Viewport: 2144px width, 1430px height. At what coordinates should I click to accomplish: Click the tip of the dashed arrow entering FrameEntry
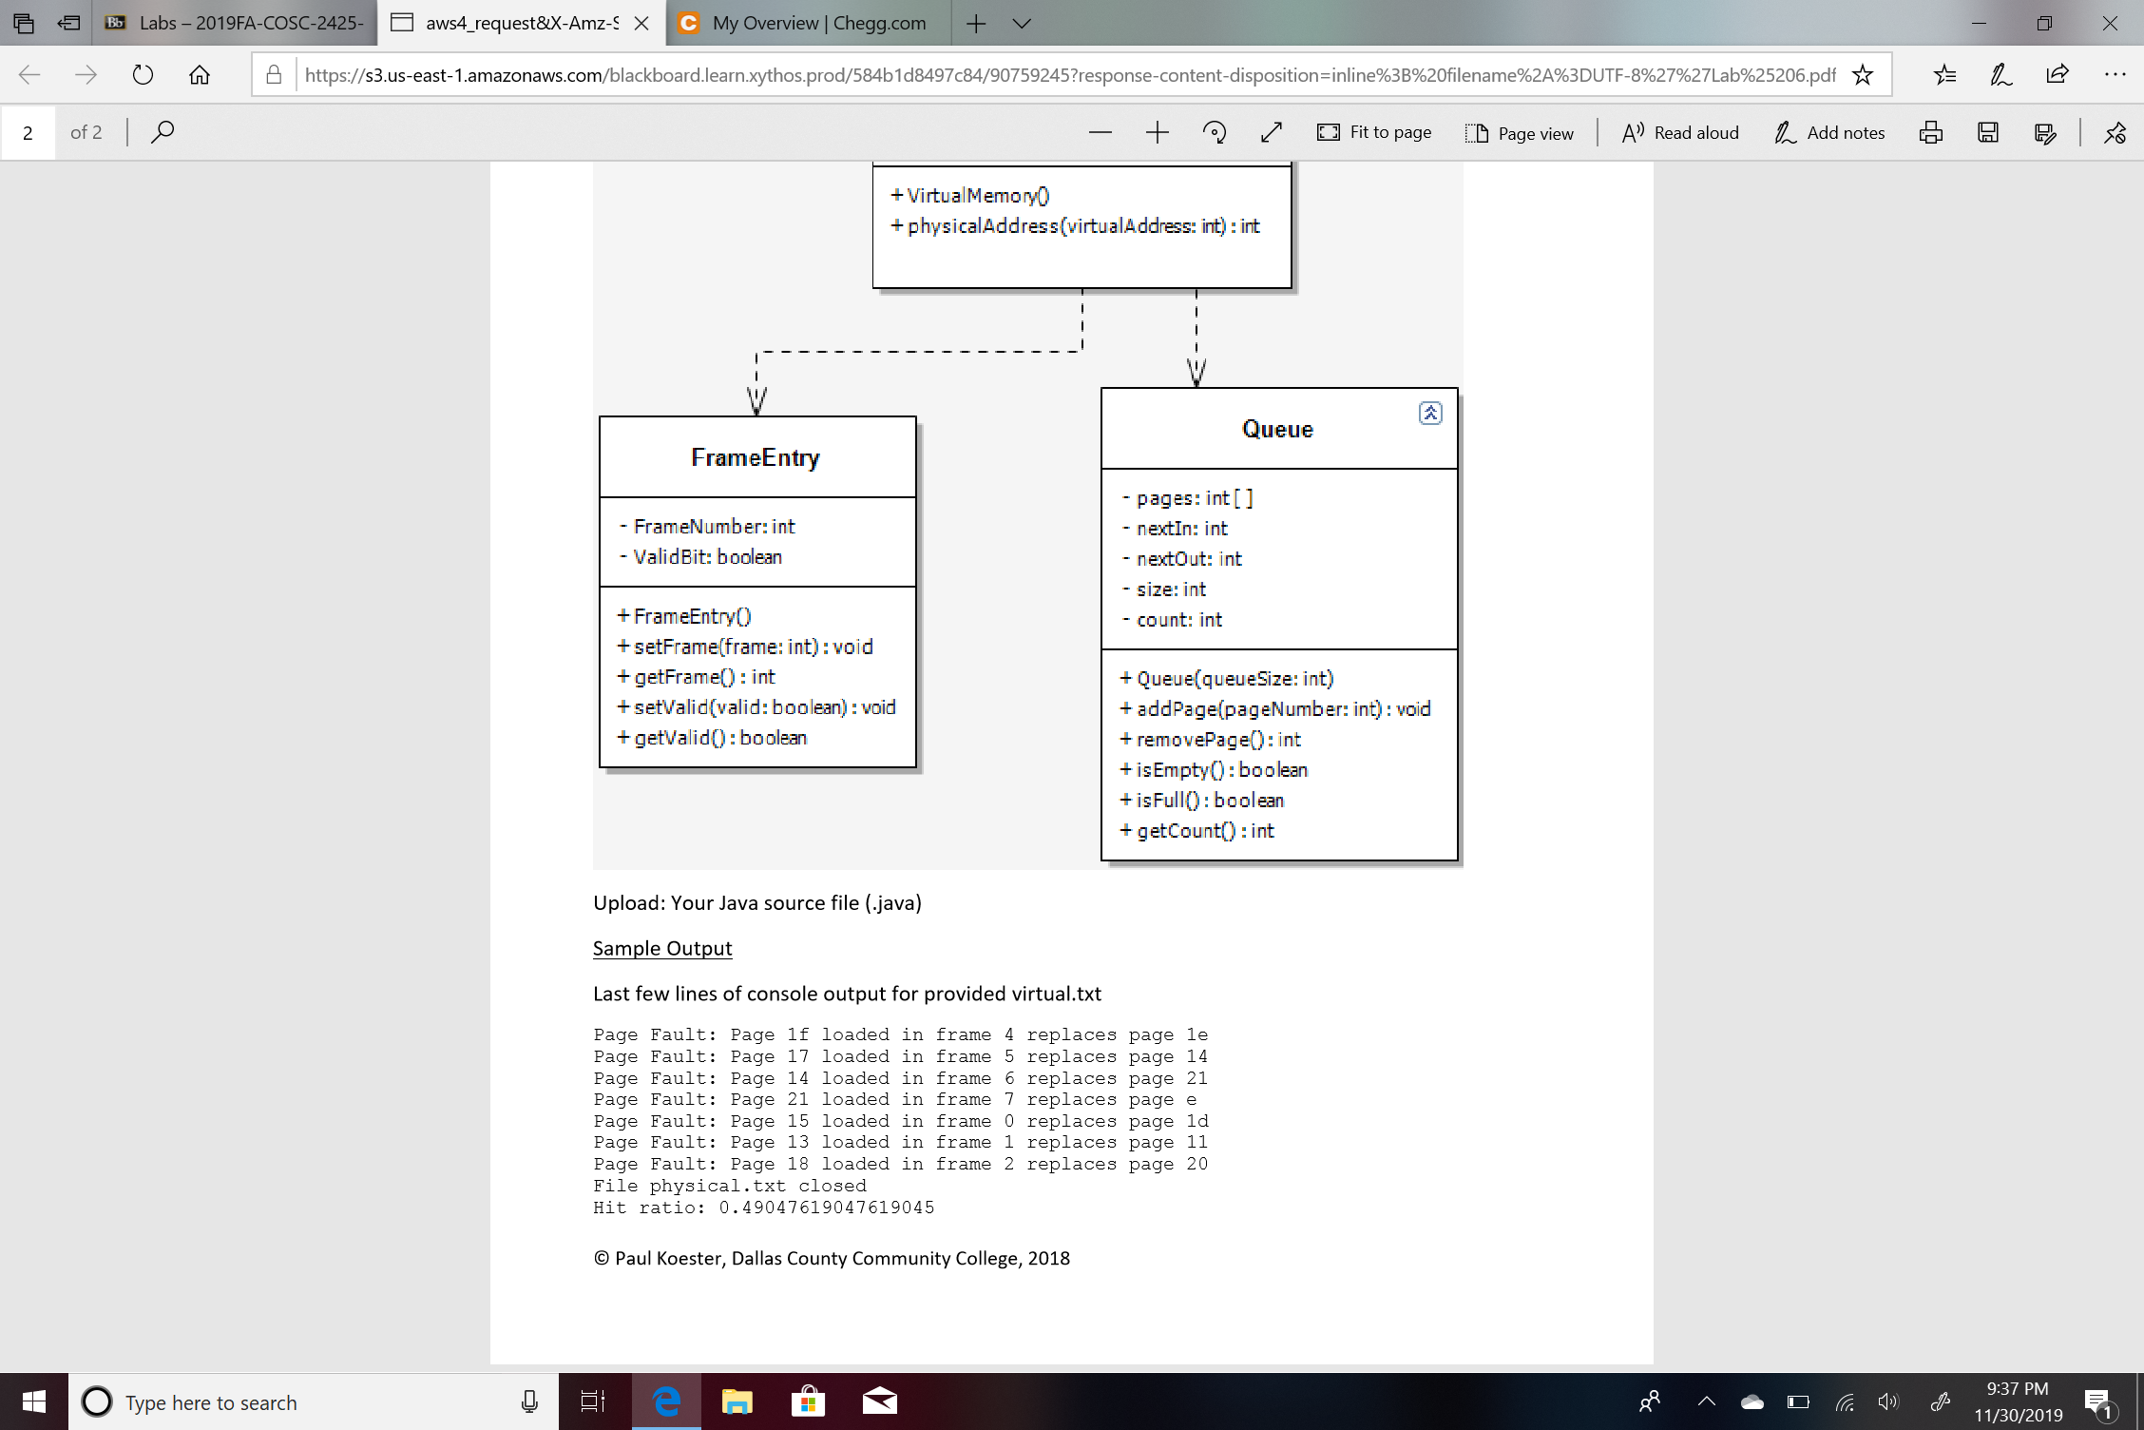(756, 415)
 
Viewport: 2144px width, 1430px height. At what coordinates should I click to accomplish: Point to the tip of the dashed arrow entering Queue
(1196, 387)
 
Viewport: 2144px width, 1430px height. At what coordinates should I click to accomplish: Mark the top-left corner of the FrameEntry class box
(600, 416)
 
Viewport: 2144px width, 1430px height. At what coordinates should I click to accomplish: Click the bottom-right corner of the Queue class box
(1458, 860)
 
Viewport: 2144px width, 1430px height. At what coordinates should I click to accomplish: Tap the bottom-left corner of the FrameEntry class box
(600, 767)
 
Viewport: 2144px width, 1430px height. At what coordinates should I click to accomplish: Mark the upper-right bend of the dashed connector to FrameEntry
(1082, 352)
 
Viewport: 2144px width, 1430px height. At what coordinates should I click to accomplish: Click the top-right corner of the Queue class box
(1458, 388)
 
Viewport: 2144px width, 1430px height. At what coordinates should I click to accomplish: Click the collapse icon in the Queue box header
(1430, 413)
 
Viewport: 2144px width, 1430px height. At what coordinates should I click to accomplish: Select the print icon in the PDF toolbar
(1930, 132)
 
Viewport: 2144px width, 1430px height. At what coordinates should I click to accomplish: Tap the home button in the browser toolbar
(200, 75)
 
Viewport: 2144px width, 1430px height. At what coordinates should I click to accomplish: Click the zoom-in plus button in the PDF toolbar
(1157, 132)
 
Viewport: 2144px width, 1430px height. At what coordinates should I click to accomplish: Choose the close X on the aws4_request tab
(641, 23)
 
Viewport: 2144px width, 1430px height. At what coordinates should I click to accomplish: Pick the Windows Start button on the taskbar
(34, 1401)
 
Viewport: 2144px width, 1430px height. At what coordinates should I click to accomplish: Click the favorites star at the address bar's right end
(1863, 75)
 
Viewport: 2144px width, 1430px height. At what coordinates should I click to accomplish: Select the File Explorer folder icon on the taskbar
(737, 1401)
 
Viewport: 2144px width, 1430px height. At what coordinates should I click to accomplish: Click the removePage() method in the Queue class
(1210, 740)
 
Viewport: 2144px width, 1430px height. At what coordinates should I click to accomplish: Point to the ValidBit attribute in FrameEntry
(700, 557)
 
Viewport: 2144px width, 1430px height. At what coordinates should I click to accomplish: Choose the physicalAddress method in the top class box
(1075, 226)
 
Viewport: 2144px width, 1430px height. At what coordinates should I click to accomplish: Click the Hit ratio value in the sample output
(827, 1208)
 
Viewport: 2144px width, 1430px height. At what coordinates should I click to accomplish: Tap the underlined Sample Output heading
(662, 948)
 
